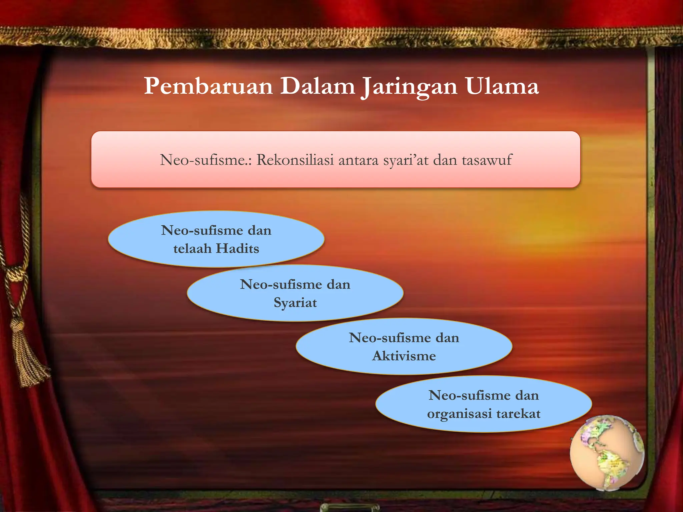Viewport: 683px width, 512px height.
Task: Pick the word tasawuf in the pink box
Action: click(487, 160)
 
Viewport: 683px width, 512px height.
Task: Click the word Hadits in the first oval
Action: click(237, 249)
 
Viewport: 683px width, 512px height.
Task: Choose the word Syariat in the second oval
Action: click(295, 303)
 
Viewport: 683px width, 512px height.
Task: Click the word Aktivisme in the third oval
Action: click(404, 356)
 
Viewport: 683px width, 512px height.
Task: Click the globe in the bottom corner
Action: click(607, 453)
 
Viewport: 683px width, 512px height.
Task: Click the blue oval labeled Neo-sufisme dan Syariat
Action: click(295, 293)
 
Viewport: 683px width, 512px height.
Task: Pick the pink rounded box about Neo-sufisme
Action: click(335, 159)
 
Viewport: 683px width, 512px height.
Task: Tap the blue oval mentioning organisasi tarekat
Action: click(484, 404)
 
